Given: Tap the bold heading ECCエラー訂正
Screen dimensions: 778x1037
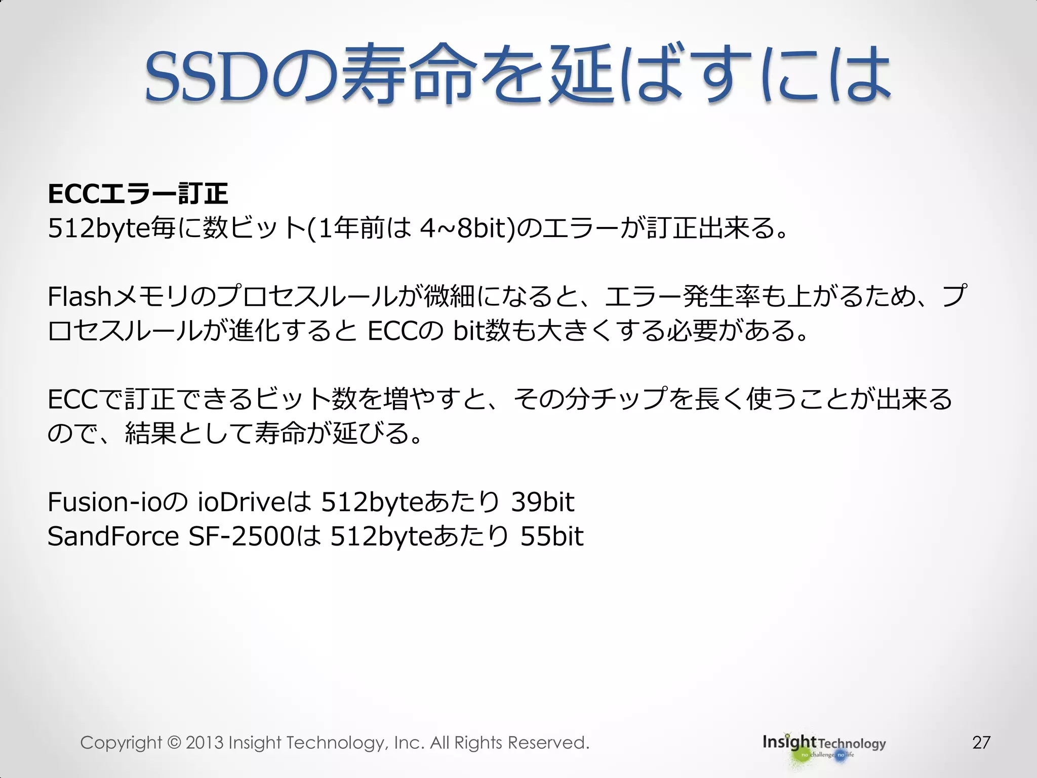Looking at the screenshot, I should pos(138,194).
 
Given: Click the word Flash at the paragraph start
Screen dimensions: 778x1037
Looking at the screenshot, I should pos(79,297).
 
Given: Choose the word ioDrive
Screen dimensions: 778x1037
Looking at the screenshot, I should pos(242,502).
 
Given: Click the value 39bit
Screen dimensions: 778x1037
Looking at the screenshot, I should pos(542,502).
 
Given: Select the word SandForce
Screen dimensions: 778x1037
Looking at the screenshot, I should pos(113,537).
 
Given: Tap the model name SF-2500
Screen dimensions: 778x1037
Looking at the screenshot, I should pos(241,537).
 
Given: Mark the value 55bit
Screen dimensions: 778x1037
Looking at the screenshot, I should pos(552,537).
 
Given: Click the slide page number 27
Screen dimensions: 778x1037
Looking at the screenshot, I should pos(981,743).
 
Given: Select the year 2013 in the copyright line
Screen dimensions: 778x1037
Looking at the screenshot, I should pos(205,743).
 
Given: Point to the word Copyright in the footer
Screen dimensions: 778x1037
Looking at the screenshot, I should pos(121,743).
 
